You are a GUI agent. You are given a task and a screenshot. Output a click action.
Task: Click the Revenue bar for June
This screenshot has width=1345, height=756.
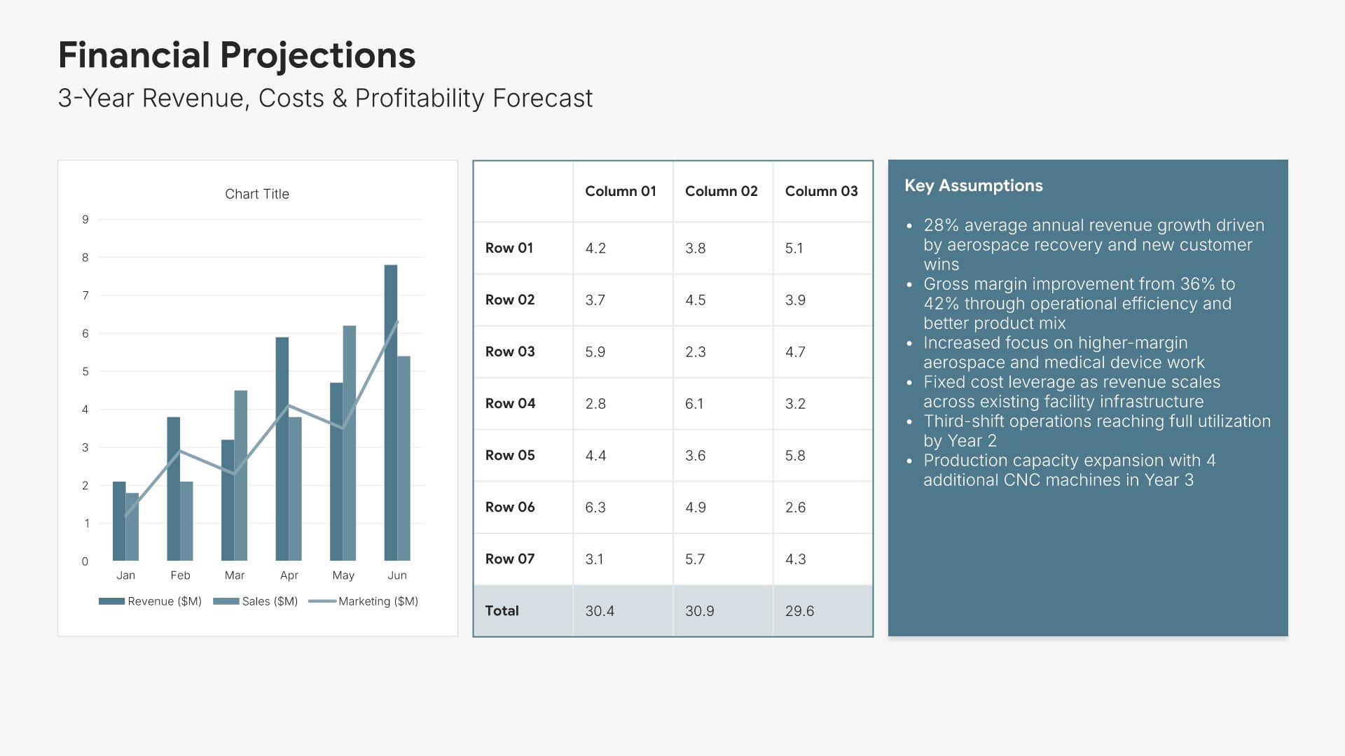point(390,413)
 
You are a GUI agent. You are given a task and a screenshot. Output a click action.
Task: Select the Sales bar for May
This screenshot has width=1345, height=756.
point(349,443)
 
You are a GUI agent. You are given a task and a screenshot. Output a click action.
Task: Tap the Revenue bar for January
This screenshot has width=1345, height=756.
point(119,521)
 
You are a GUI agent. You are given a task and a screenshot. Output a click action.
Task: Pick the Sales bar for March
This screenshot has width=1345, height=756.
point(240,475)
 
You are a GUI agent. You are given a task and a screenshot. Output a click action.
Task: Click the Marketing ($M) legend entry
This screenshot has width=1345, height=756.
point(364,601)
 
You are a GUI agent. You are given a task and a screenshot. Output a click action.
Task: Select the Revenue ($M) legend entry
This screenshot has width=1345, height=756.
point(151,601)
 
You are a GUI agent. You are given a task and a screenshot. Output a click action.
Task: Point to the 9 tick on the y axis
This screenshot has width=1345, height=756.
point(85,219)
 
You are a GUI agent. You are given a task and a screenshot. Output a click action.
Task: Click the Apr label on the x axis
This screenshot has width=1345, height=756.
point(289,575)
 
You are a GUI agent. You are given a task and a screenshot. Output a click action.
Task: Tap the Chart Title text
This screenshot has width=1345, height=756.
point(257,194)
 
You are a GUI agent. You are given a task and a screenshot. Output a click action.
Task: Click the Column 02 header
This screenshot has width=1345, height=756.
point(721,191)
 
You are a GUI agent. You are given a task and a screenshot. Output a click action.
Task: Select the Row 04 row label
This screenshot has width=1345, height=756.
point(510,403)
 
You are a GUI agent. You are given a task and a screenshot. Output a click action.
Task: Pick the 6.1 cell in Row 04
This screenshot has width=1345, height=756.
point(694,403)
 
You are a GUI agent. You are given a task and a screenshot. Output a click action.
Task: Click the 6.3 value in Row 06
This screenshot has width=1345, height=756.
point(595,507)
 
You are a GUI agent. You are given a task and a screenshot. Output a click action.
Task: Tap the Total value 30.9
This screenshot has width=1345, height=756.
point(699,610)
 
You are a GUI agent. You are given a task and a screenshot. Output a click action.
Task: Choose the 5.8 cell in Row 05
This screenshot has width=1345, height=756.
point(795,455)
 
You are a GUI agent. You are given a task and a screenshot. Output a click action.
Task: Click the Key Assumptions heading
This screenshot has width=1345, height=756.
point(973,185)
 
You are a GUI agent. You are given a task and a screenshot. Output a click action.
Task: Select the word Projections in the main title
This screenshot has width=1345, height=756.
point(317,55)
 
